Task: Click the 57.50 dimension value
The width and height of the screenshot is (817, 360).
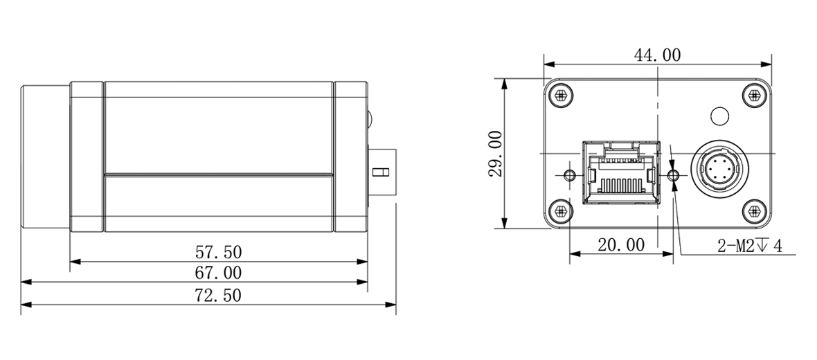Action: [218, 252]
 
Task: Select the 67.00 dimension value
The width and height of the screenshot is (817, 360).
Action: [218, 273]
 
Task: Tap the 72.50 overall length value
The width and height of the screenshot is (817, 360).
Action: [218, 296]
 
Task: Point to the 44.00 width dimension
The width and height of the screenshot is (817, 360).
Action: [657, 55]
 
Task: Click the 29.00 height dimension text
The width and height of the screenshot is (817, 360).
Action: [496, 154]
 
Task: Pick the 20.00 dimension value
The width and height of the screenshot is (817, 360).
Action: [620, 244]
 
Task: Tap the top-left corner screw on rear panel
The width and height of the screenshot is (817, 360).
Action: [561, 96]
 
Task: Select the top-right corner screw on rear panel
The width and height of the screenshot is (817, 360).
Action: [754, 96]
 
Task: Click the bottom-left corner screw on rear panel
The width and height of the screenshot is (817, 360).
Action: [561, 211]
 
